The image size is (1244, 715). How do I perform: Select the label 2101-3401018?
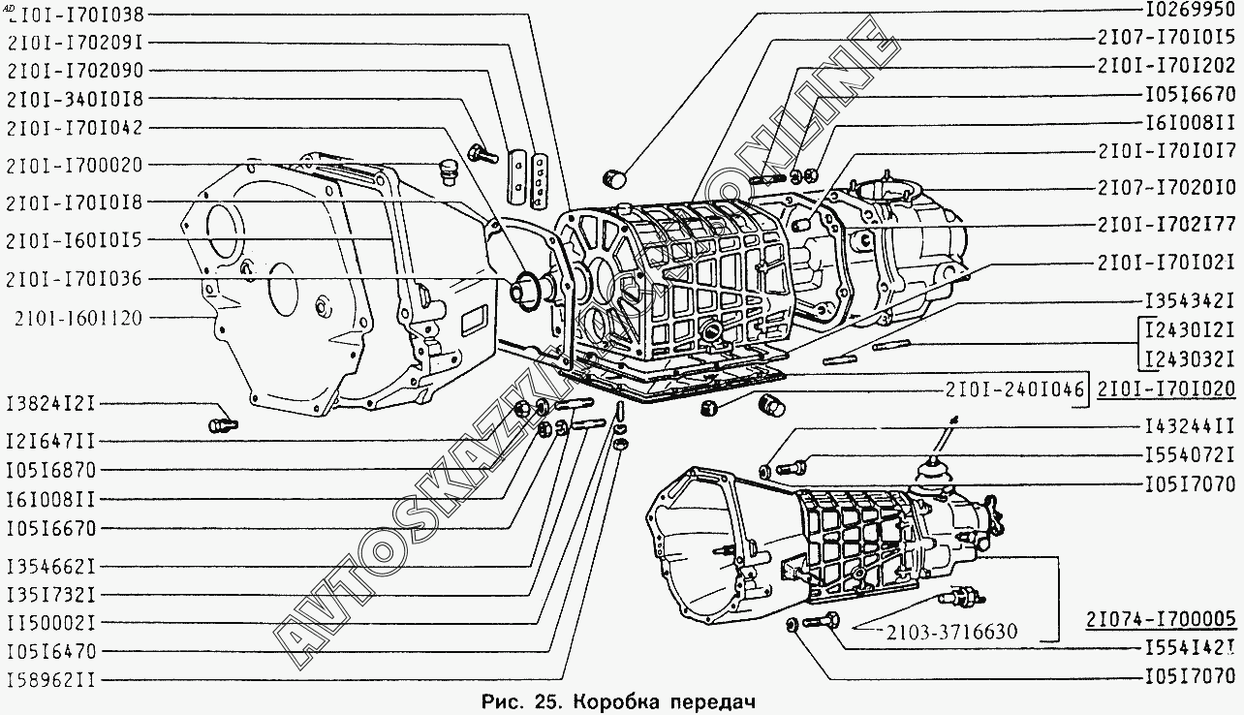[x=74, y=99]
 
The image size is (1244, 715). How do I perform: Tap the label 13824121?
[x=63, y=404]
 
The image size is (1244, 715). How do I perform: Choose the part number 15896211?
[x=63, y=679]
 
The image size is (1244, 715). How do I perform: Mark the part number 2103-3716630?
[x=950, y=633]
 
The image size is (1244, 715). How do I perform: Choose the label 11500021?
[x=63, y=622]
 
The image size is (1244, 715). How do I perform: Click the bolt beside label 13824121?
[x=222, y=423]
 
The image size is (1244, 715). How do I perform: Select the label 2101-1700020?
[x=74, y=165]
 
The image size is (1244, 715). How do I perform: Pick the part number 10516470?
[x=63, y=651]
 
